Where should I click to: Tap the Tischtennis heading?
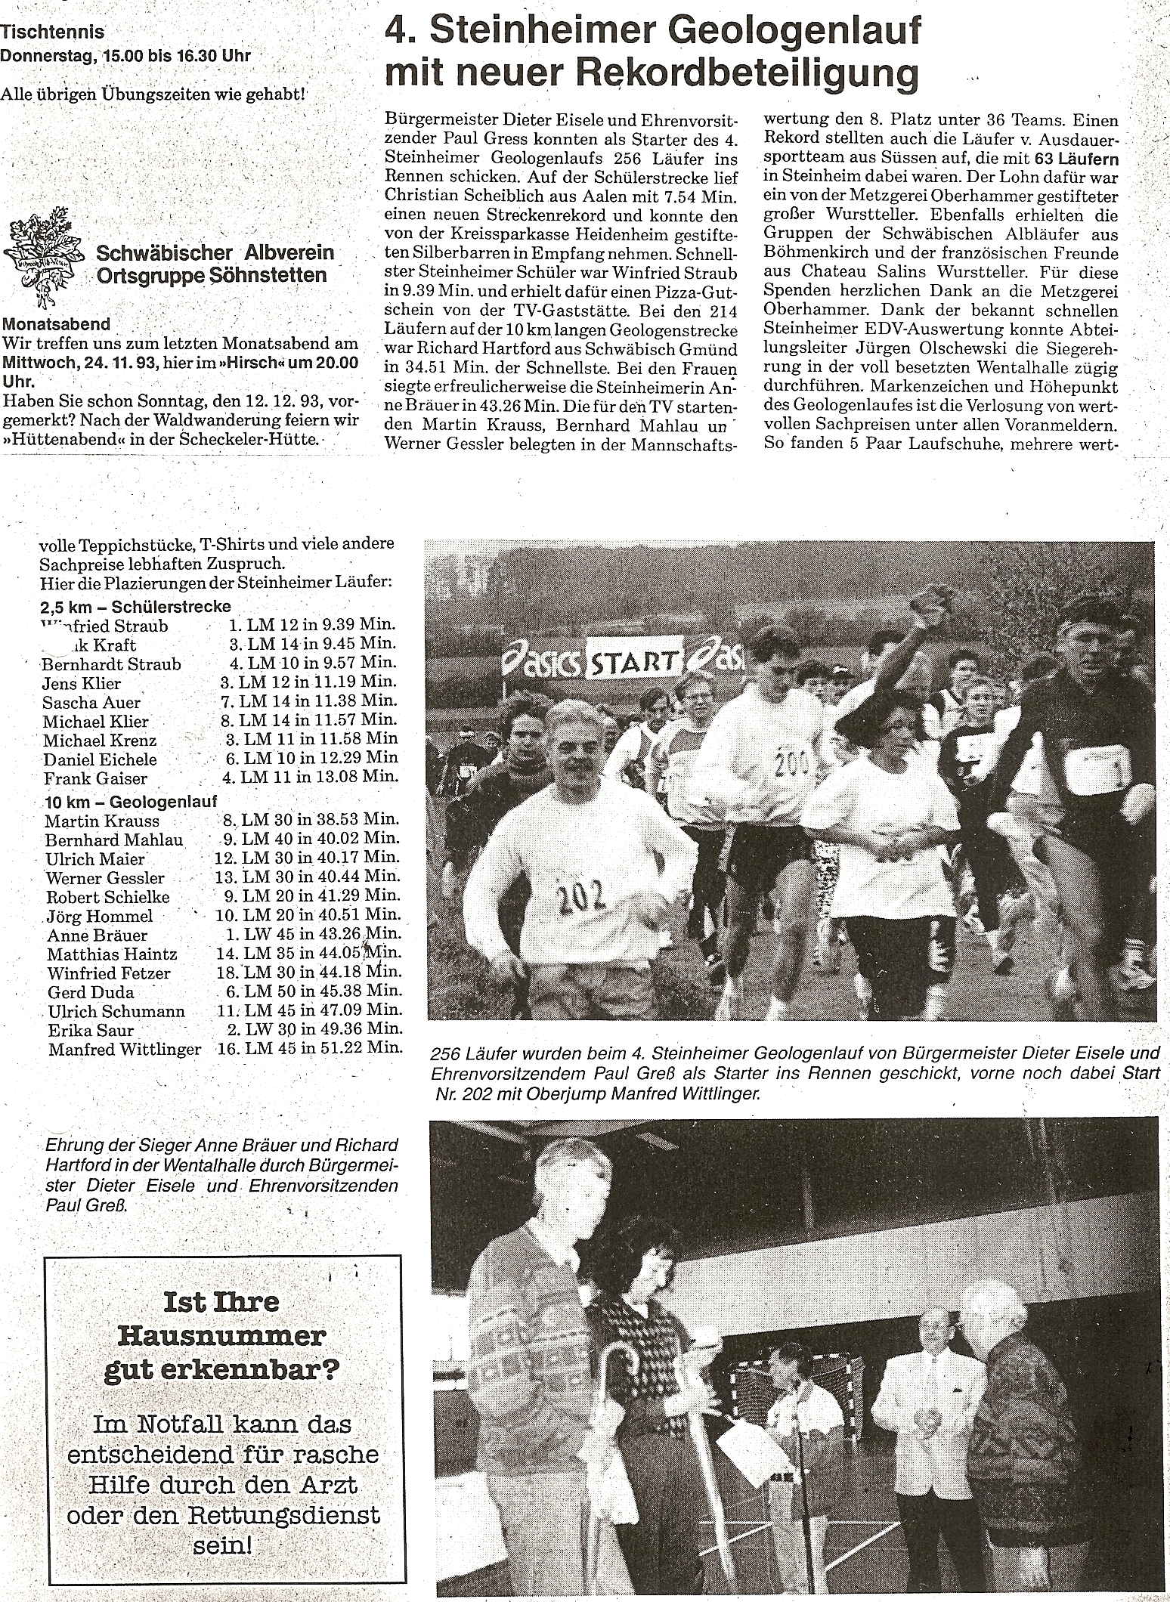[x=52, y=32]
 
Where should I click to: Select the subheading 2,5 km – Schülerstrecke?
[x=136, y=607]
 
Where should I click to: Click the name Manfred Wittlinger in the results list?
[x=125, y=1049]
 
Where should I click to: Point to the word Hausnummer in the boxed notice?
[x=222, y=1336]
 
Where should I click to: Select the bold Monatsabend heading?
[x=57, y=324]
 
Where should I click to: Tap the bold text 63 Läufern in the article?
[x=1076, y=159]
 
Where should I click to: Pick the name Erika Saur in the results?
[x=91, y=1030]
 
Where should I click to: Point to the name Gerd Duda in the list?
[x=91, y=992]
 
